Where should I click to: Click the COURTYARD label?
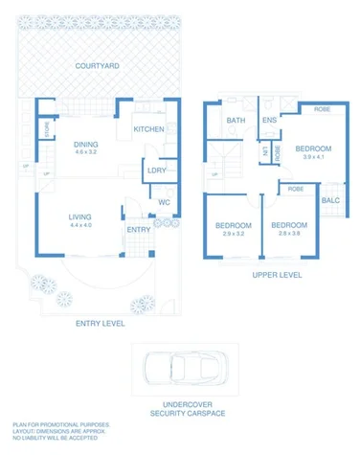point(99,66)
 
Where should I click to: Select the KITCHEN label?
point(148,129)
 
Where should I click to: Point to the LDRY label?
point(157,171)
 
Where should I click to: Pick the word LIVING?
point(79,217)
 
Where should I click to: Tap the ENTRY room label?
point(138,230)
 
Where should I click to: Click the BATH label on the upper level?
point(236,121)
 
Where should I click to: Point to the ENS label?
point(270,121)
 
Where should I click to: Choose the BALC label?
point(330,200)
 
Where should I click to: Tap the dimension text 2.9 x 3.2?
point(234,234)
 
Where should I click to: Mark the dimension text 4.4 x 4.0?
point(79,226)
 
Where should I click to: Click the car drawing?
point(179,369)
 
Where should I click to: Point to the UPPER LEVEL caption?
point(277,274)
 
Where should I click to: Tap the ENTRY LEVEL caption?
point(100,324)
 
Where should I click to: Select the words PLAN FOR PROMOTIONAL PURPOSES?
point(61,423)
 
